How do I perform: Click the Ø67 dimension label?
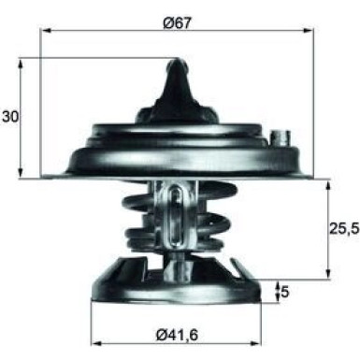tap(177, 21)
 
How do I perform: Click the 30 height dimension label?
tap(10, 117)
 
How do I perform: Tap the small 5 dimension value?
tap(284, 292)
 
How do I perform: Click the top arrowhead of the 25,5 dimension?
tap(327, 183)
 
